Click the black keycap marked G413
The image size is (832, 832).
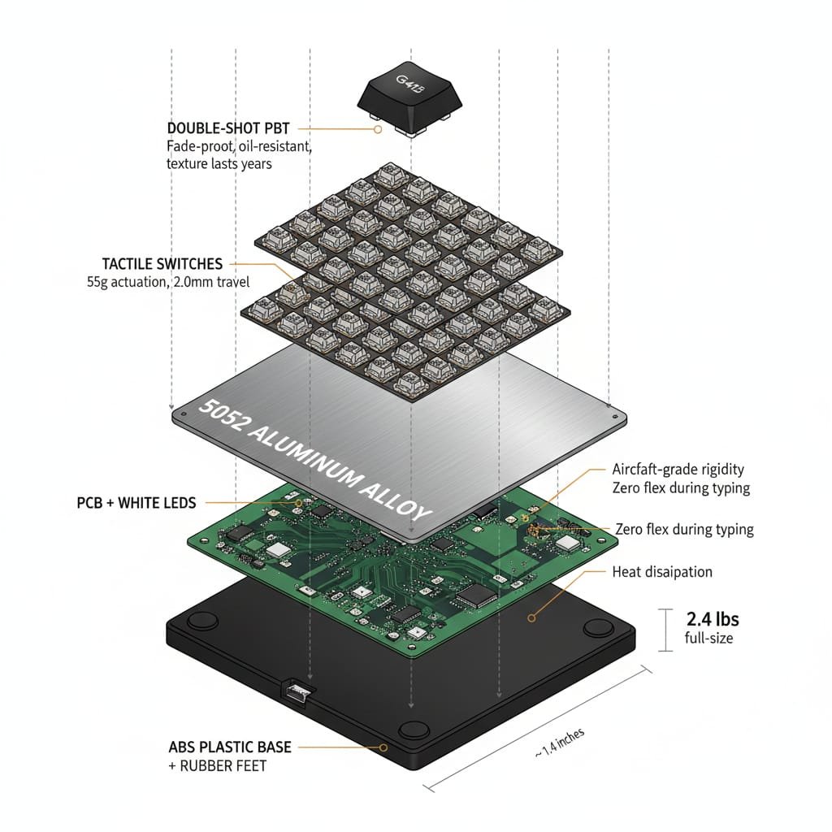click(410, 95)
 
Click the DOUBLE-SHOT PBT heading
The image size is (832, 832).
click(227, 128)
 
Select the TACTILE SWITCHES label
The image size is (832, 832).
click(162, 264)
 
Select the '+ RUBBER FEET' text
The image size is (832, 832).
click(218, 765)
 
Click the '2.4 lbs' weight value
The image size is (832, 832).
click(713, 619)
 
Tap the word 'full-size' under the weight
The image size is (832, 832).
click(709, 639)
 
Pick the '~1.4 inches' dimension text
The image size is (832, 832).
click(559, 743)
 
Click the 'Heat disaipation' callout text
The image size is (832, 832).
click(661, 572)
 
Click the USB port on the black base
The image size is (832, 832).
click(297, 691)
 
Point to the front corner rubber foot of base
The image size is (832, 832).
click(414, 729)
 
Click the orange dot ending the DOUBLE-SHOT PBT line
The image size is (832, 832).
click(377, 128)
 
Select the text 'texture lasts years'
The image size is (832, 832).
click(219, 163)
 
